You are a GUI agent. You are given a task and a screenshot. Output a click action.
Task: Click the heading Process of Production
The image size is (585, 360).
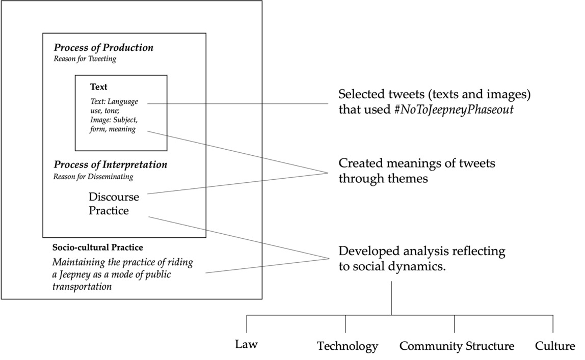click(x=103, y=48)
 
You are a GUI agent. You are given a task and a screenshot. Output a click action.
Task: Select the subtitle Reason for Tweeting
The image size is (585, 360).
click(x=85, y=59)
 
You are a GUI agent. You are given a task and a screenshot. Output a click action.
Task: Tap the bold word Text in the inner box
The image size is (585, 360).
click(x=98, y=87)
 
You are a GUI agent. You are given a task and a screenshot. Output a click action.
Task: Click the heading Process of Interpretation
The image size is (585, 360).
click(x=110, y=165)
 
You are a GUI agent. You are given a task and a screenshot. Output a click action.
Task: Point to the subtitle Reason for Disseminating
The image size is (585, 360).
click(x=93, y=177)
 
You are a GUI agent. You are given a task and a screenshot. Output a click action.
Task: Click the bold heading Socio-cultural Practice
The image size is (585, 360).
click(x=97, y=247)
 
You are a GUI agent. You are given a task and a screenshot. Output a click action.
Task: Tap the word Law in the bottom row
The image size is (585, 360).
click(x=247, y=345)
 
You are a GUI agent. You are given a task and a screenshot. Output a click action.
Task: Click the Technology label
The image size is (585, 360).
click(x=348, y=347)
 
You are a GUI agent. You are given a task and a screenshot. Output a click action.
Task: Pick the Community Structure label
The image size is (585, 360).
click(x=457, y=347)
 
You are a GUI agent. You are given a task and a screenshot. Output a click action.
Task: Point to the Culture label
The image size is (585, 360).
click(x=555, y=347)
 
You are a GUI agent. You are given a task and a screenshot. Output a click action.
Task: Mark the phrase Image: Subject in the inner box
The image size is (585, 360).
click(x=113, y=120)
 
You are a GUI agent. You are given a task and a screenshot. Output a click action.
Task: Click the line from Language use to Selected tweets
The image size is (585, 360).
click(x=240, y=103)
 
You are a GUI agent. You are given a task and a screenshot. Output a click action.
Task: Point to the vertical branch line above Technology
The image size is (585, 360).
click(x=345, y=324)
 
